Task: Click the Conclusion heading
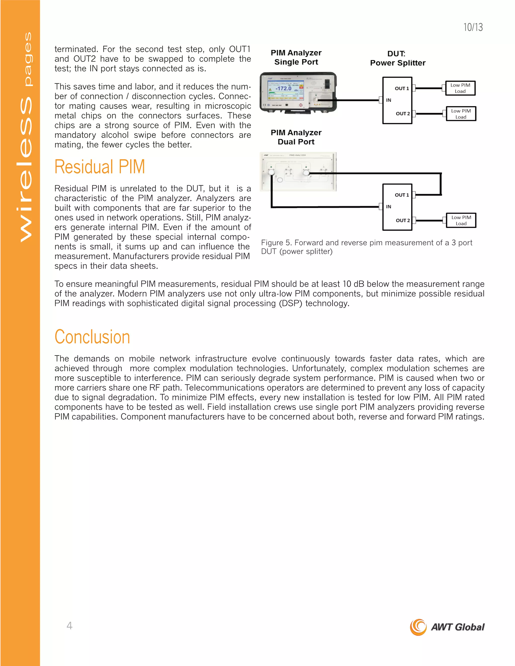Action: pyautogui.click(x=92, y=337)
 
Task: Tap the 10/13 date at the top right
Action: pyautogui.click(x=473, y=27)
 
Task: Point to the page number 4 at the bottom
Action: pyautogui.click(x=70, y=626)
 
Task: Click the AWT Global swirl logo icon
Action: pyautogui.click(x=418, y=627)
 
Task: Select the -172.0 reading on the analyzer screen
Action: pyautogui.click(x=283, y=88)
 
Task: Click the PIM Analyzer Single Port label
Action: pyautogui.click(x=296, y=57)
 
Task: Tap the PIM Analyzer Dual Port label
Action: pyautogui.click(x=296, y=137)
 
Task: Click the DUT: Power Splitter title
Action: pyautogui.click(x=398, y=58)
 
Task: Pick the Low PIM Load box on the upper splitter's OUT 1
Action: pyautogui.click(x=460, y=88)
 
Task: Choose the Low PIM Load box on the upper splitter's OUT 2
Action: pyautogui.click(x=461, y=114)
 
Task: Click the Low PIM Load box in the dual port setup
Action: pyautogui.click(x=461, y=220)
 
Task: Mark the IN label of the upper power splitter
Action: pyautogui.click(x=388, y=100)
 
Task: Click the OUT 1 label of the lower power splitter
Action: pyautogui.click(x=402, y=195)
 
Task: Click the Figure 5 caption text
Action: pyautogui.click(x=366, y=247)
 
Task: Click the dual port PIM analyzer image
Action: pyautogui.click(x=298, y=172)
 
